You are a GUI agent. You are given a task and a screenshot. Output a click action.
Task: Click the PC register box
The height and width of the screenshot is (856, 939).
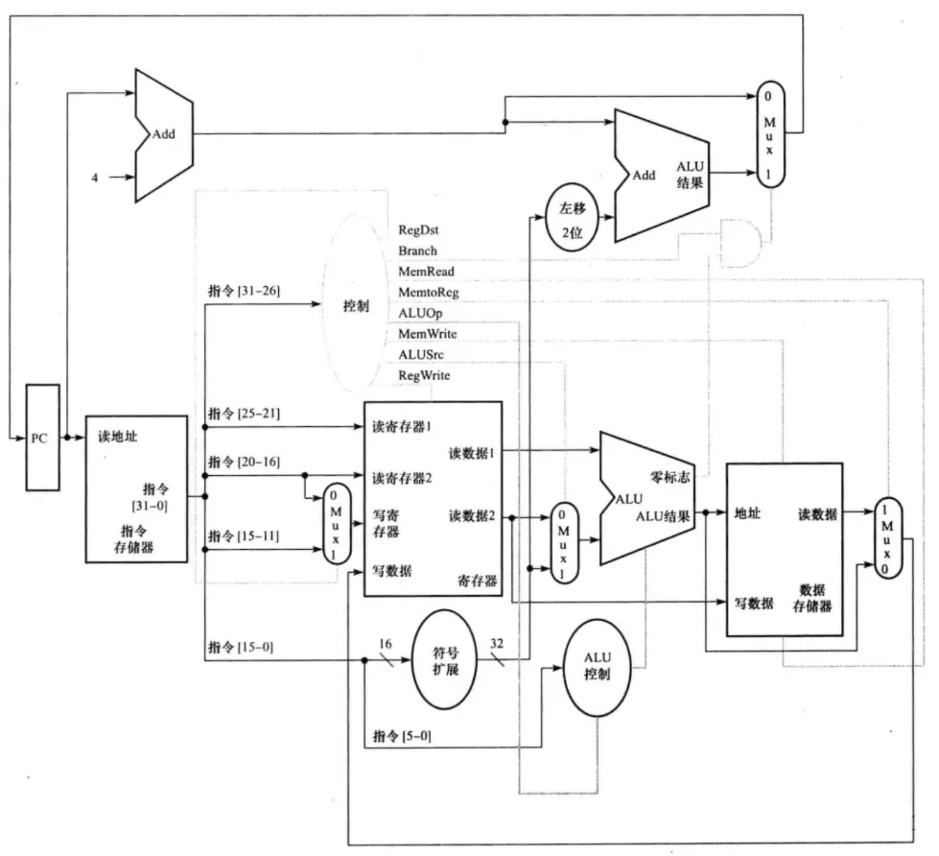coord(43,437)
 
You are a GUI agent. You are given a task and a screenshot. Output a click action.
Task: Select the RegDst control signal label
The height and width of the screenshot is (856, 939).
coord(418,230)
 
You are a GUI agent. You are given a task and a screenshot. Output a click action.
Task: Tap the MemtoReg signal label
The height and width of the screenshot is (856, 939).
coord(429,292)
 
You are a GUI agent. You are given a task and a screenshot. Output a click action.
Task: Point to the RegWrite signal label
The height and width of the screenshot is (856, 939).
coord(424,375)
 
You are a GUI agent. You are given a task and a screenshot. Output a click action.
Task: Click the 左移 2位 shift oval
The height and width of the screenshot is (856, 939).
coord(572,217)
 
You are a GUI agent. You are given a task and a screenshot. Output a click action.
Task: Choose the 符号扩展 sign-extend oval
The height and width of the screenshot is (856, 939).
coord(444,660)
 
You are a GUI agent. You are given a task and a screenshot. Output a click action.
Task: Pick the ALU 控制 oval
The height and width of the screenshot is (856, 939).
coord(597,667)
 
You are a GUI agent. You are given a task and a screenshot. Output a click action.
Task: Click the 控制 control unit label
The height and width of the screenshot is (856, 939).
coord(356,306)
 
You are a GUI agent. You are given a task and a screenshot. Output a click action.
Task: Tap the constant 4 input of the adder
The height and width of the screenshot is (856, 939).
coord(94,178)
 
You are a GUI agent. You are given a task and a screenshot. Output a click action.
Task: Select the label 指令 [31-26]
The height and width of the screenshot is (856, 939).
coord(244,291)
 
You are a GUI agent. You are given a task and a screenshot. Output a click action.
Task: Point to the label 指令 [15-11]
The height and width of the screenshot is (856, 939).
coord(243,535)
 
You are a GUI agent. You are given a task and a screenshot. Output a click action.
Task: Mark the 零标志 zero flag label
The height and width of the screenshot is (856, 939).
coord(670,476)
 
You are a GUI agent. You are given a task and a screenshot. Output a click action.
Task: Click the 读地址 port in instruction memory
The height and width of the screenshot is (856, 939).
coord(117,437)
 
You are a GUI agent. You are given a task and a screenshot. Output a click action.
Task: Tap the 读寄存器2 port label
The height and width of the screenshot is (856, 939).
coord(402,478)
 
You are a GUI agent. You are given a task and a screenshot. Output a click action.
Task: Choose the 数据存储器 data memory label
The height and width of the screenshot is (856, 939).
coord(812,598)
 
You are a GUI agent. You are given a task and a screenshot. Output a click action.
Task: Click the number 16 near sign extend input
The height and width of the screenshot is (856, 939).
coord(385,644)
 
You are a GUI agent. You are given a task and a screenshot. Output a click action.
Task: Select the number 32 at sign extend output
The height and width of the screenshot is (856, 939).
coord(497,644)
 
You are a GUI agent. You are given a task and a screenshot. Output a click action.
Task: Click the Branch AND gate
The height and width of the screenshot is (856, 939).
coord(740,244)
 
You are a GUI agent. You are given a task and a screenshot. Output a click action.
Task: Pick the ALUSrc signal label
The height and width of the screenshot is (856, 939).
coord(421,355)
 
